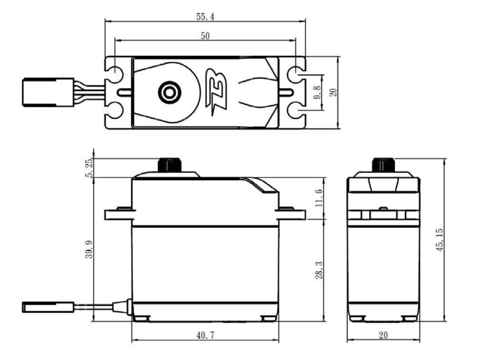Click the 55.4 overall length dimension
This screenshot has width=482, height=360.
pos(205,17)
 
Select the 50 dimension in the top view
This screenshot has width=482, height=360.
pos(205,36)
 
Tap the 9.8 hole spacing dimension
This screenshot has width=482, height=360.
pos(317,92)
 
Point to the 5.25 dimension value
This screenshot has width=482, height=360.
pos(89,167)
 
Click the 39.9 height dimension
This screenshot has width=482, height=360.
pos(89,249)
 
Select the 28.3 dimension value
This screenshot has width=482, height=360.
pos(318,269)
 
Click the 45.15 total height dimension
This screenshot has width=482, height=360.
pos(439,240)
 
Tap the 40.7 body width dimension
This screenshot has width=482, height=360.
pos(205,335)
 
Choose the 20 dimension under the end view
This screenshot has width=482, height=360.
pos(383,335)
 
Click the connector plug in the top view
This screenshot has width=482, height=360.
pos(49,92)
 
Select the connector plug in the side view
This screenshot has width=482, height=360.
pos(48,307)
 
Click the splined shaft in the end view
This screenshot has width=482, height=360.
pos(383,165)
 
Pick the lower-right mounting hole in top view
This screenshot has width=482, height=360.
pos(296,111)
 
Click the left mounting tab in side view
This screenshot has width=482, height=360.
pos(118,214)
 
